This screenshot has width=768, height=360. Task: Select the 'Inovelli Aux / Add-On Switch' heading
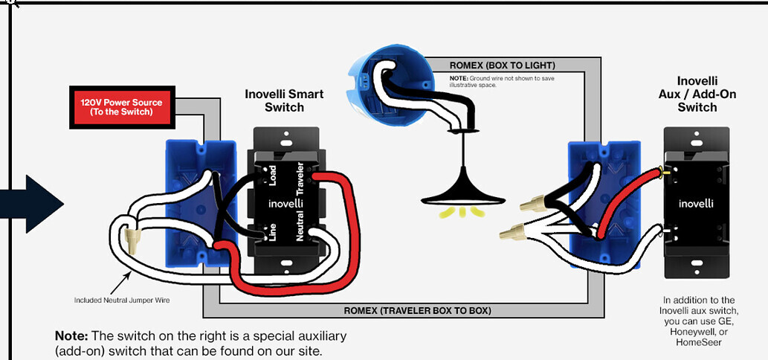pos(697,94)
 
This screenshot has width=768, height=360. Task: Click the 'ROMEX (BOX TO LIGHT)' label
pos(502,65)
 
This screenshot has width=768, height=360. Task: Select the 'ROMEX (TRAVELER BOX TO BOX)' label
pos(417,310)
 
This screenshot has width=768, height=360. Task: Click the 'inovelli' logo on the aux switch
pos(696,203)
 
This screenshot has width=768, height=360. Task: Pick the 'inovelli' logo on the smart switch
pos(286,202)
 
